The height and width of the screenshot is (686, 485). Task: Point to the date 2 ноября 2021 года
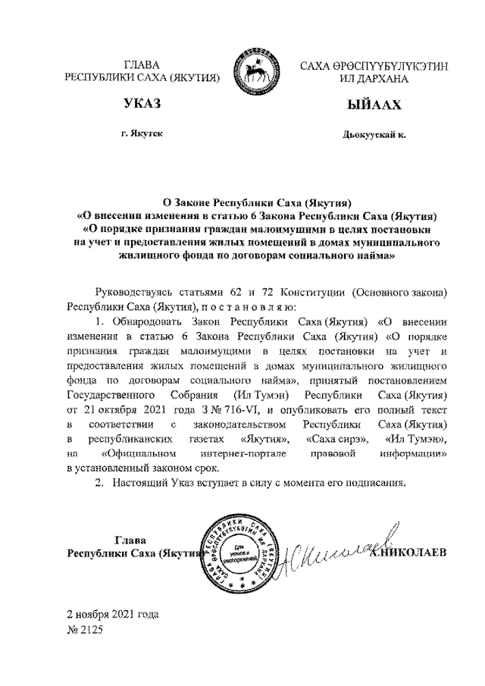pos(113,613)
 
